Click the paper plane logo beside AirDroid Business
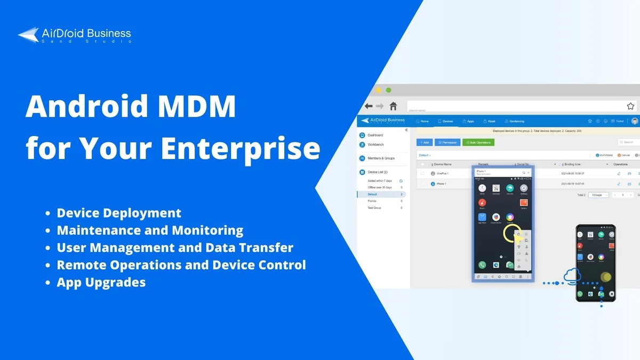tap(28, 35)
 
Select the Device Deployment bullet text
tap(119, 213)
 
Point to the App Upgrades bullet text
tap(101, 282)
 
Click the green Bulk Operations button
tap(478, 142)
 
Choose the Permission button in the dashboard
tap(447, 142)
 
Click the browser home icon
tap(393, 106)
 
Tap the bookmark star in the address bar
tap(630, 106)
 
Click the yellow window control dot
tap(379, 90)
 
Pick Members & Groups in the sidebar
tap(381, 158)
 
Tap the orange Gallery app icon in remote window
tap(524, 203)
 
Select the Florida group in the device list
tap(372, 201)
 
